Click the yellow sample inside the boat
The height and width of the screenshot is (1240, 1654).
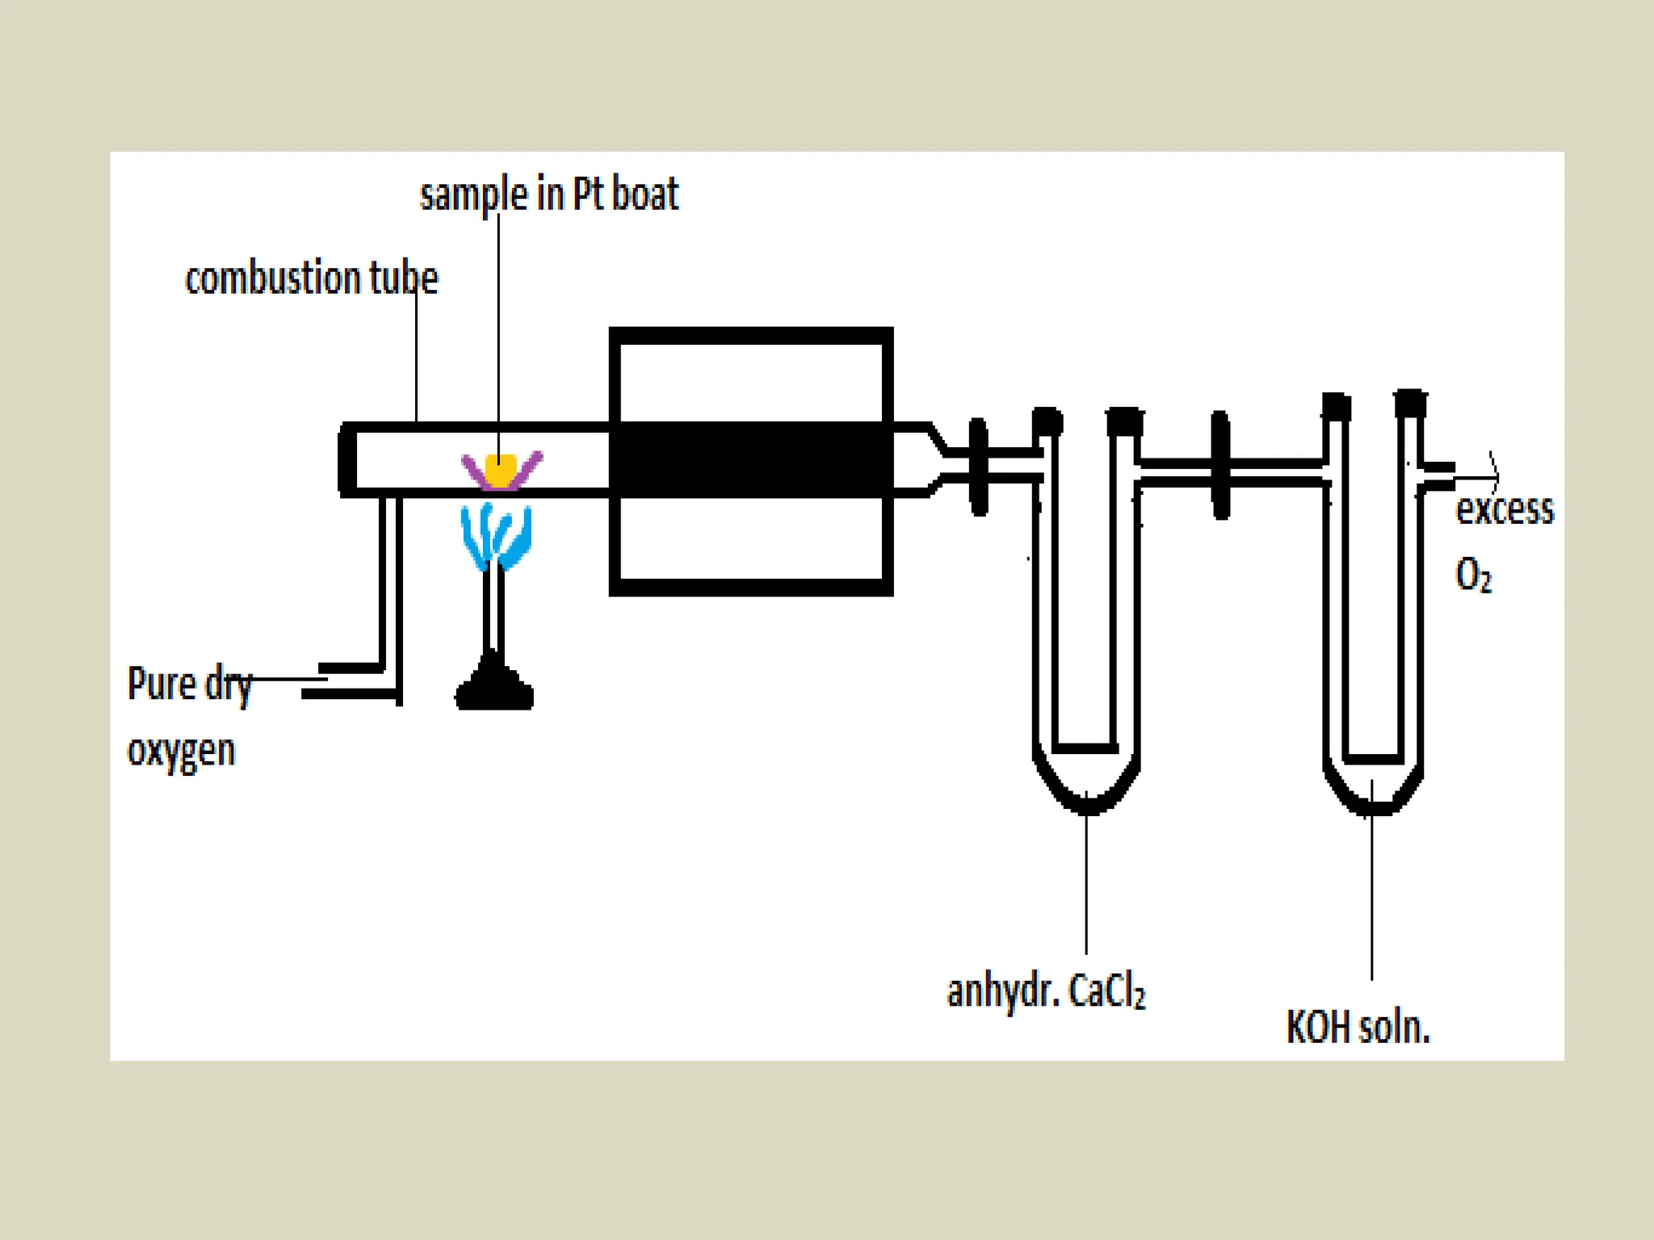click(500, 471)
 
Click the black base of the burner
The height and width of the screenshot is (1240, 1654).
click(494, 692)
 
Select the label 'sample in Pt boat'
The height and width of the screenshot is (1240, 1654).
click(549, 194)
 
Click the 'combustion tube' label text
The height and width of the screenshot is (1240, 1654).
click(311, 278)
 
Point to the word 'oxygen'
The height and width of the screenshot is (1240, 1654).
click(182, 751)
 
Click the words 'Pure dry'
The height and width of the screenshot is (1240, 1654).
click(190, 685)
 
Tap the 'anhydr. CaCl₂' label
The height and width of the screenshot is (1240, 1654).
click(1046, 991)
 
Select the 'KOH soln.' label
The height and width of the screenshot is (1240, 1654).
click(1358, 1028)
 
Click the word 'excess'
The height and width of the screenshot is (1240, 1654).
click(1505, 510)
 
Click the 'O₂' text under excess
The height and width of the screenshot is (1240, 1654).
click(1473, 576)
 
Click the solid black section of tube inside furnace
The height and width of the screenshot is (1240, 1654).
click(751, 459)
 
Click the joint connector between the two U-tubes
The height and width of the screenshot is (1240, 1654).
click(1221, 466)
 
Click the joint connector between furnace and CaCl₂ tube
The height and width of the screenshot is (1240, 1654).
click(979, 467)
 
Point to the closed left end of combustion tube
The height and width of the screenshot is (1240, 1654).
click(346, 459)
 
